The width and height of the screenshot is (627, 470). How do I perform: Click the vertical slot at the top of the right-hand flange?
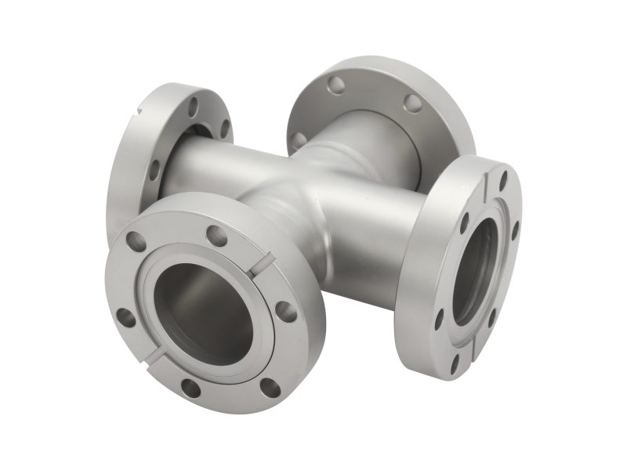[x=491, y=176]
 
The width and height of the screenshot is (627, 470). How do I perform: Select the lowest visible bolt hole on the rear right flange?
[x=299, y=139]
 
